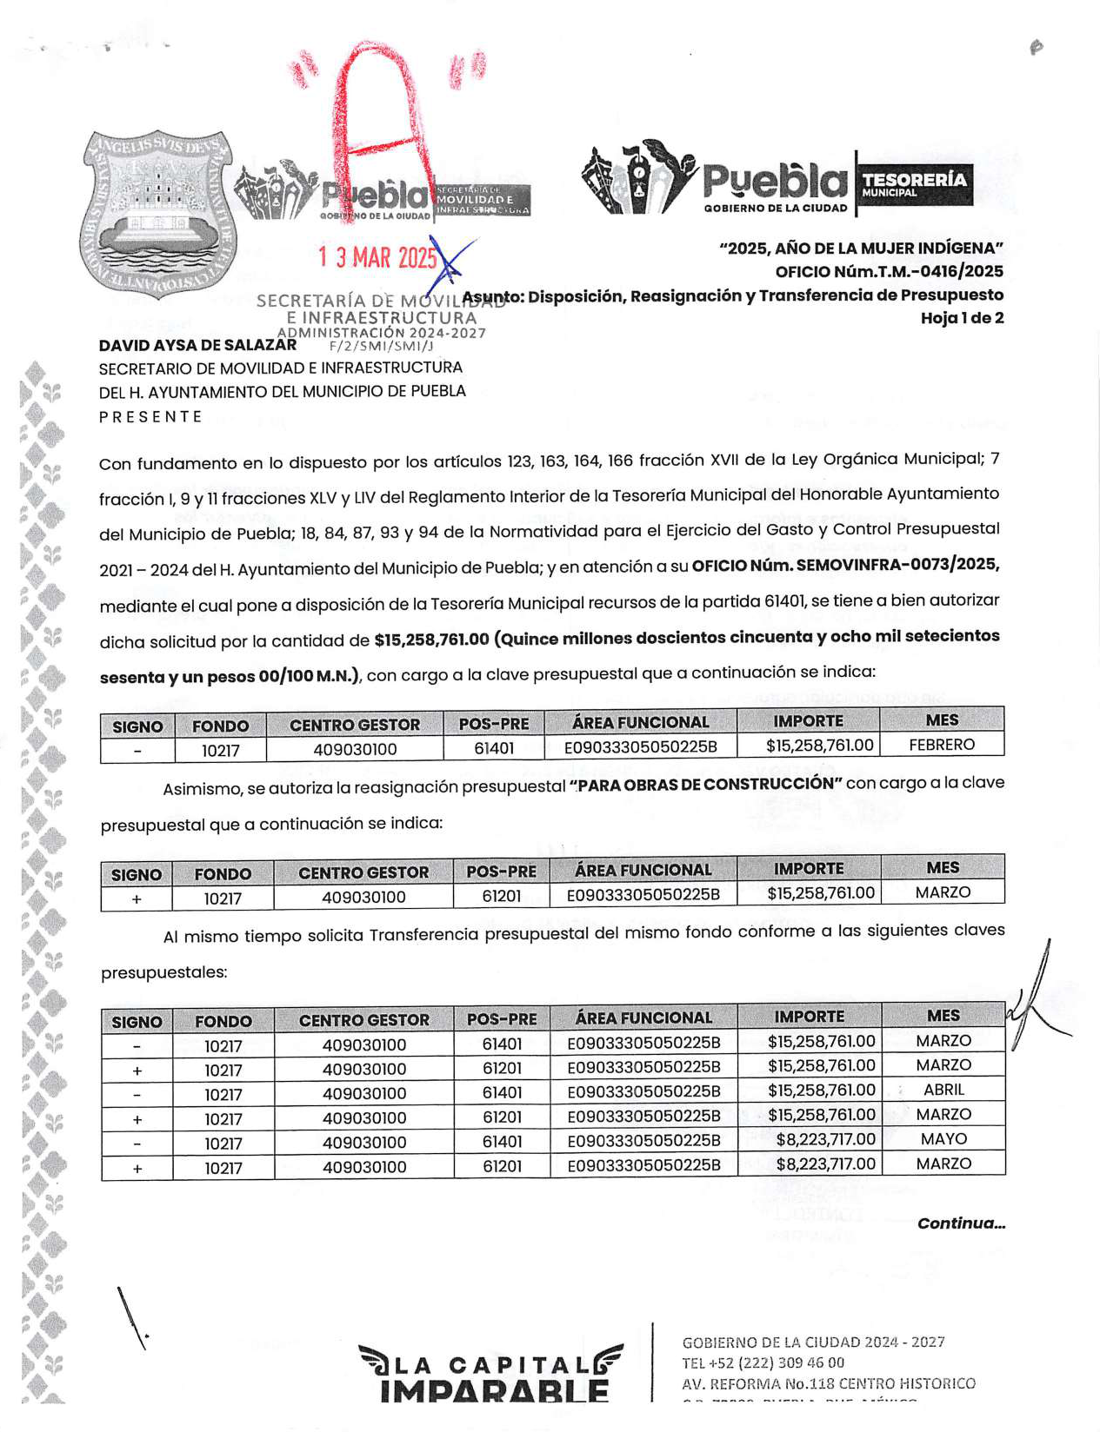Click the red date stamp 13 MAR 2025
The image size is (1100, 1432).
click(x=377, y=257)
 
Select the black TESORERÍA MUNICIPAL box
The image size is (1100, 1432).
click(x=914, y=183)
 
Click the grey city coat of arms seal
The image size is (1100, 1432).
click(x=157, y=212)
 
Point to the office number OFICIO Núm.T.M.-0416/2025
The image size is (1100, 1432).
click(x=889, y=271)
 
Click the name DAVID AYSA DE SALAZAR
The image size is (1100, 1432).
click(x=197, y=345)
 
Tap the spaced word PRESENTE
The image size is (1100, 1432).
click(x=150, y=417)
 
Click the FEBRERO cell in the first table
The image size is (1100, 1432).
click(x=942, y=745)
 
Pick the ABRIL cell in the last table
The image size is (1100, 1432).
click(x=943, y=1090)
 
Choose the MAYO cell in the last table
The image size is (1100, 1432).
click(x=943, y=1139)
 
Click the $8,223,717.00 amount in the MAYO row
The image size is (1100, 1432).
click(x=825, y=1139)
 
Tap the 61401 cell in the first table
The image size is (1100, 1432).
click(x=494, y=748)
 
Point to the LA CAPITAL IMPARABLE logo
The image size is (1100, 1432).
click(x=492, y=1374)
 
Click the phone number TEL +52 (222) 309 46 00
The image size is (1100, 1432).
click(x=763, y=1362)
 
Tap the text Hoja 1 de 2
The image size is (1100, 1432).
click(x=962, y=318)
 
